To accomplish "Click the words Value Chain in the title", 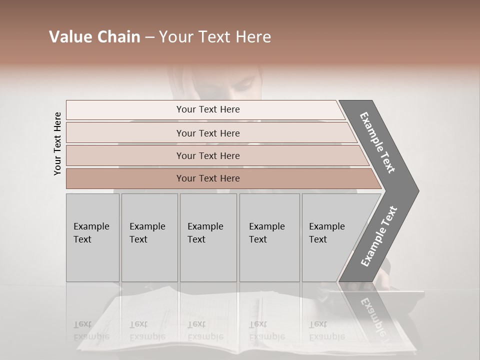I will point(94,37).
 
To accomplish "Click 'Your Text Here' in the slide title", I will point(215,37).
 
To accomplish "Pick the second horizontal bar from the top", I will point(207,133).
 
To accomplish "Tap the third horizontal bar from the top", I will point(207,155).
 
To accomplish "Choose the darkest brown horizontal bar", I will point(207,178).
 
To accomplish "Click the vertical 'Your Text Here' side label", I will point(57,143).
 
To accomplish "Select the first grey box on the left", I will point(92,237).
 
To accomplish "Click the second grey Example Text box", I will point(149,237).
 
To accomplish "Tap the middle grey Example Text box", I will point(208,237).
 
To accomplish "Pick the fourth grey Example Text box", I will point(269,237).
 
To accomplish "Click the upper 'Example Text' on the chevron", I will point(377,142).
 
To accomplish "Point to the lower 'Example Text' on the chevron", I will point(379,236).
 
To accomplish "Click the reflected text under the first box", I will point(91,330).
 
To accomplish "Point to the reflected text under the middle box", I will point(205,330).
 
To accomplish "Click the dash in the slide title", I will point(149,37).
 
